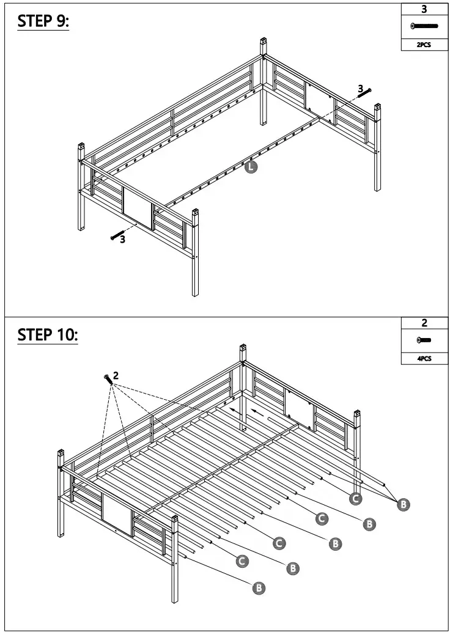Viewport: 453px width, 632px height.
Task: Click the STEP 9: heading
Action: pos(43,21)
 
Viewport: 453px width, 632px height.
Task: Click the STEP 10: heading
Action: pos(48,335)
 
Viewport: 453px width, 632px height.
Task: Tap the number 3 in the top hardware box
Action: pos(425,9)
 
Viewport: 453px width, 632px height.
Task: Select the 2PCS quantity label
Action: pos(425,45)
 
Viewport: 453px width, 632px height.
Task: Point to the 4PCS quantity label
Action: pos(425,359)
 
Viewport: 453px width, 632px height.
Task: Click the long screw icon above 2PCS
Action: pos(425,26)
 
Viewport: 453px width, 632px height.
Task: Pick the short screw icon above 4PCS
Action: pos(425,340)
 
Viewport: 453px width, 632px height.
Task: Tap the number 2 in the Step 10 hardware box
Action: pos(425,323)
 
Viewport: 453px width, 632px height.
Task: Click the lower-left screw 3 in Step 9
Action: pos(117,236)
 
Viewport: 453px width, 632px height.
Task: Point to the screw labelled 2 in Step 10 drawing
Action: pos(108,379)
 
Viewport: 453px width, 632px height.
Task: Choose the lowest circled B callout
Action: pos(259,588)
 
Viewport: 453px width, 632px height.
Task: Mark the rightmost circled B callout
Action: pos(403,504)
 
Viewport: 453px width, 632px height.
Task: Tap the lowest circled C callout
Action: pos(242,560)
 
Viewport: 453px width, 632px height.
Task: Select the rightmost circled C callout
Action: pos(355,499)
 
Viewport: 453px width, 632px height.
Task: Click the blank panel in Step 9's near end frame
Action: pos(138,208)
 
